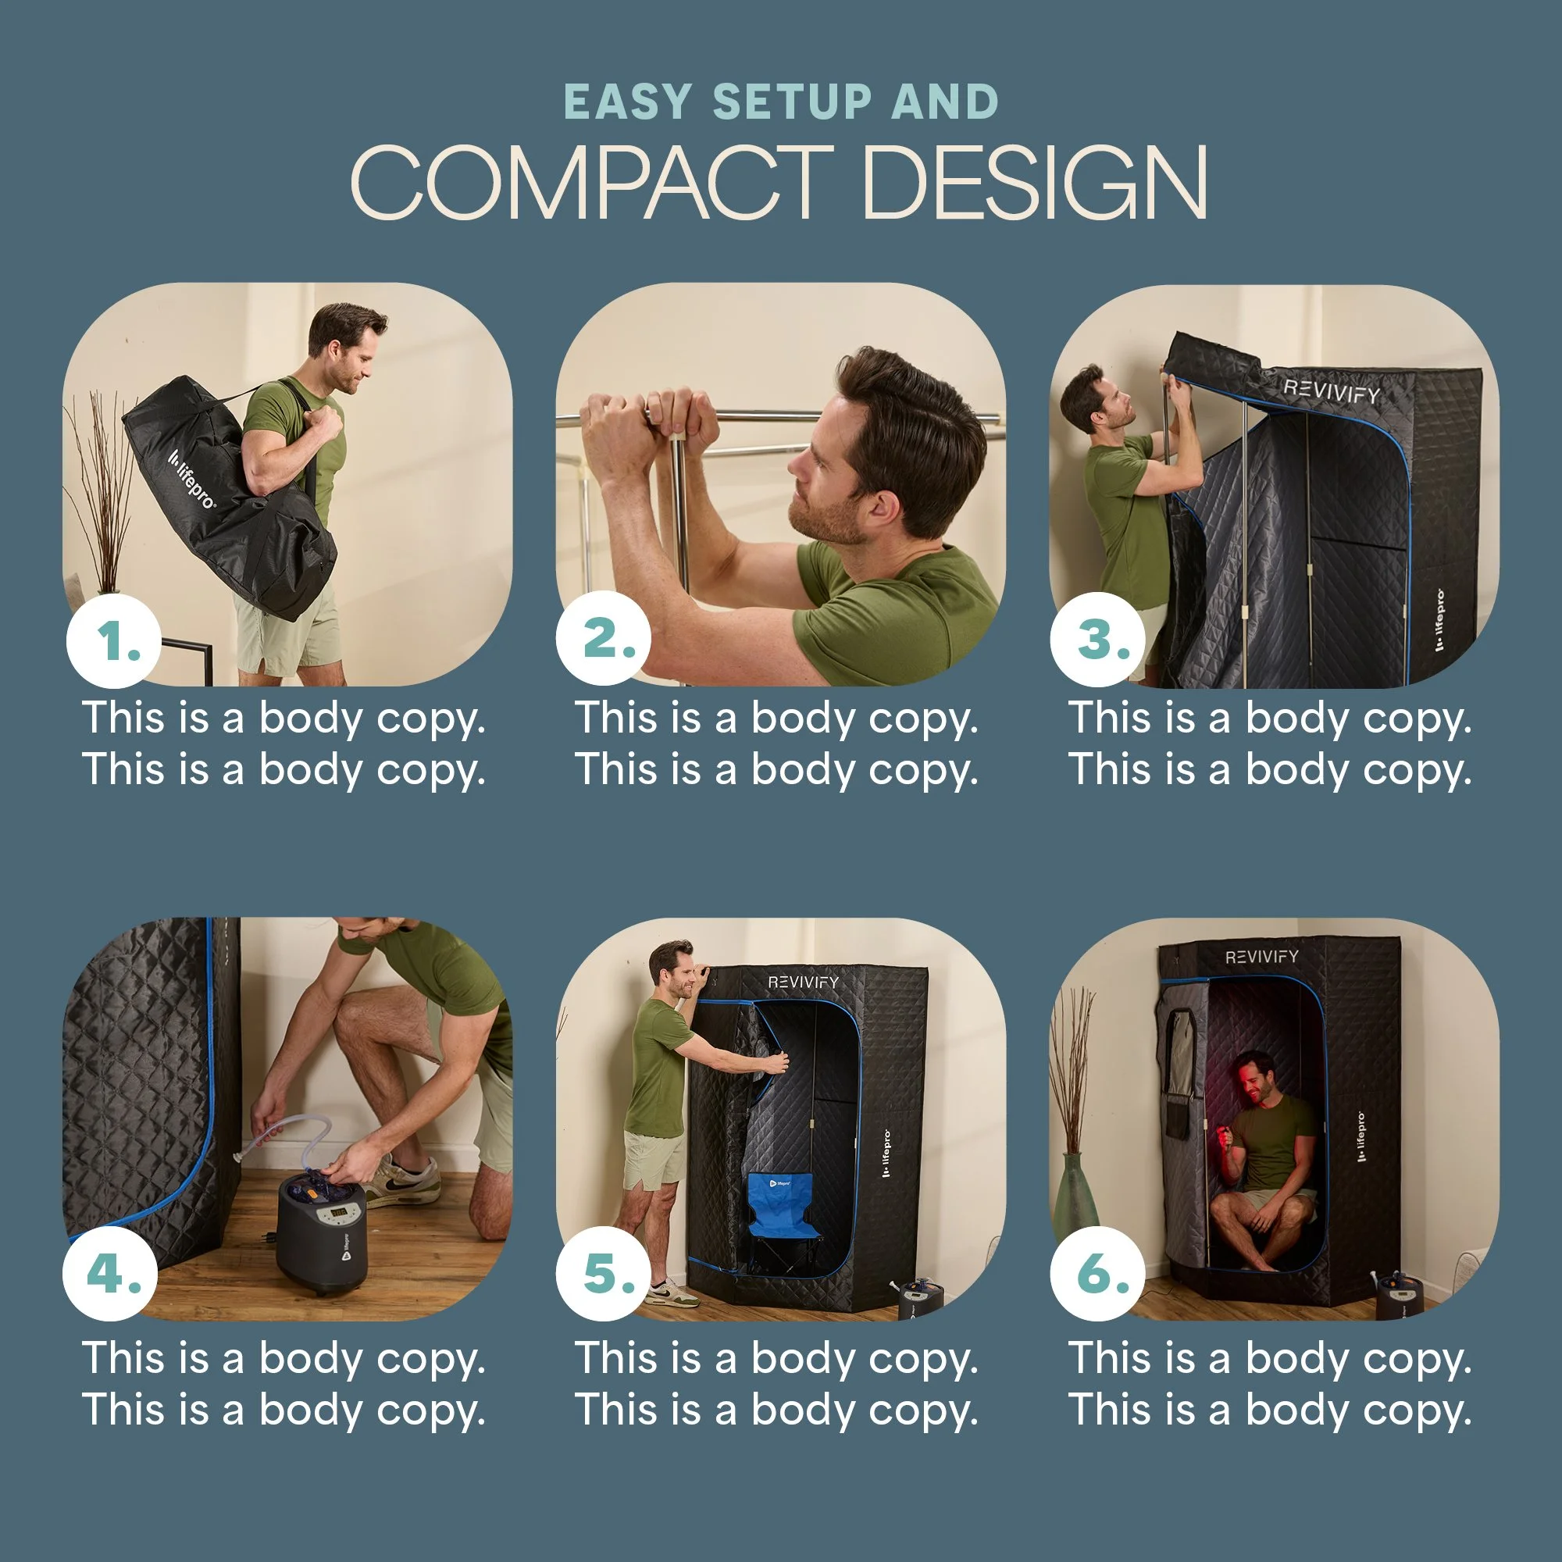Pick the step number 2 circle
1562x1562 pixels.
(604, 639)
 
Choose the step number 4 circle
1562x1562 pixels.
(111, 1273)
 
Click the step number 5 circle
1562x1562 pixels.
(604, 1273)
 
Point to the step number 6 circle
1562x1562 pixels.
(1098, 1273)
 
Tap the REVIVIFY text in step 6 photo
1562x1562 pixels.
(1262, 958)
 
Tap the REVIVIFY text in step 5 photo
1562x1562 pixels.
(803, 982)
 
